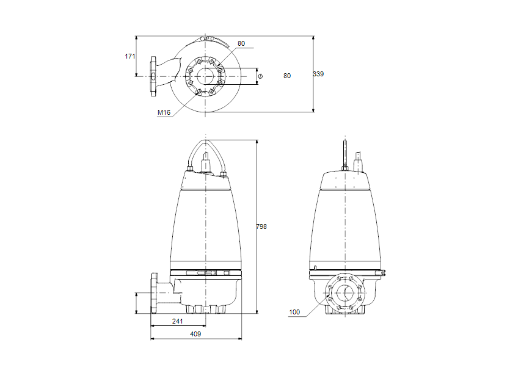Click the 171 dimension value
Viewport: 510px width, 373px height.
129,56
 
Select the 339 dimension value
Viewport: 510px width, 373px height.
318,74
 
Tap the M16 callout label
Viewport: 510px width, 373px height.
163,112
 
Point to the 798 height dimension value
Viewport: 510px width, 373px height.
261,226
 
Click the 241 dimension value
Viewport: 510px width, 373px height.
177,321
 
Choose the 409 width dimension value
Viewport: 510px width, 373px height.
195,334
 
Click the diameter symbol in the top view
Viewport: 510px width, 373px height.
260,76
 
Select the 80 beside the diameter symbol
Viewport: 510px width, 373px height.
287,76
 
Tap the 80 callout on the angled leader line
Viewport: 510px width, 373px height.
241,43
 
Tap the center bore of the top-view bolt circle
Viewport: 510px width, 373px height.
205,76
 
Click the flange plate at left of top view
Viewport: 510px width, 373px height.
153,76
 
